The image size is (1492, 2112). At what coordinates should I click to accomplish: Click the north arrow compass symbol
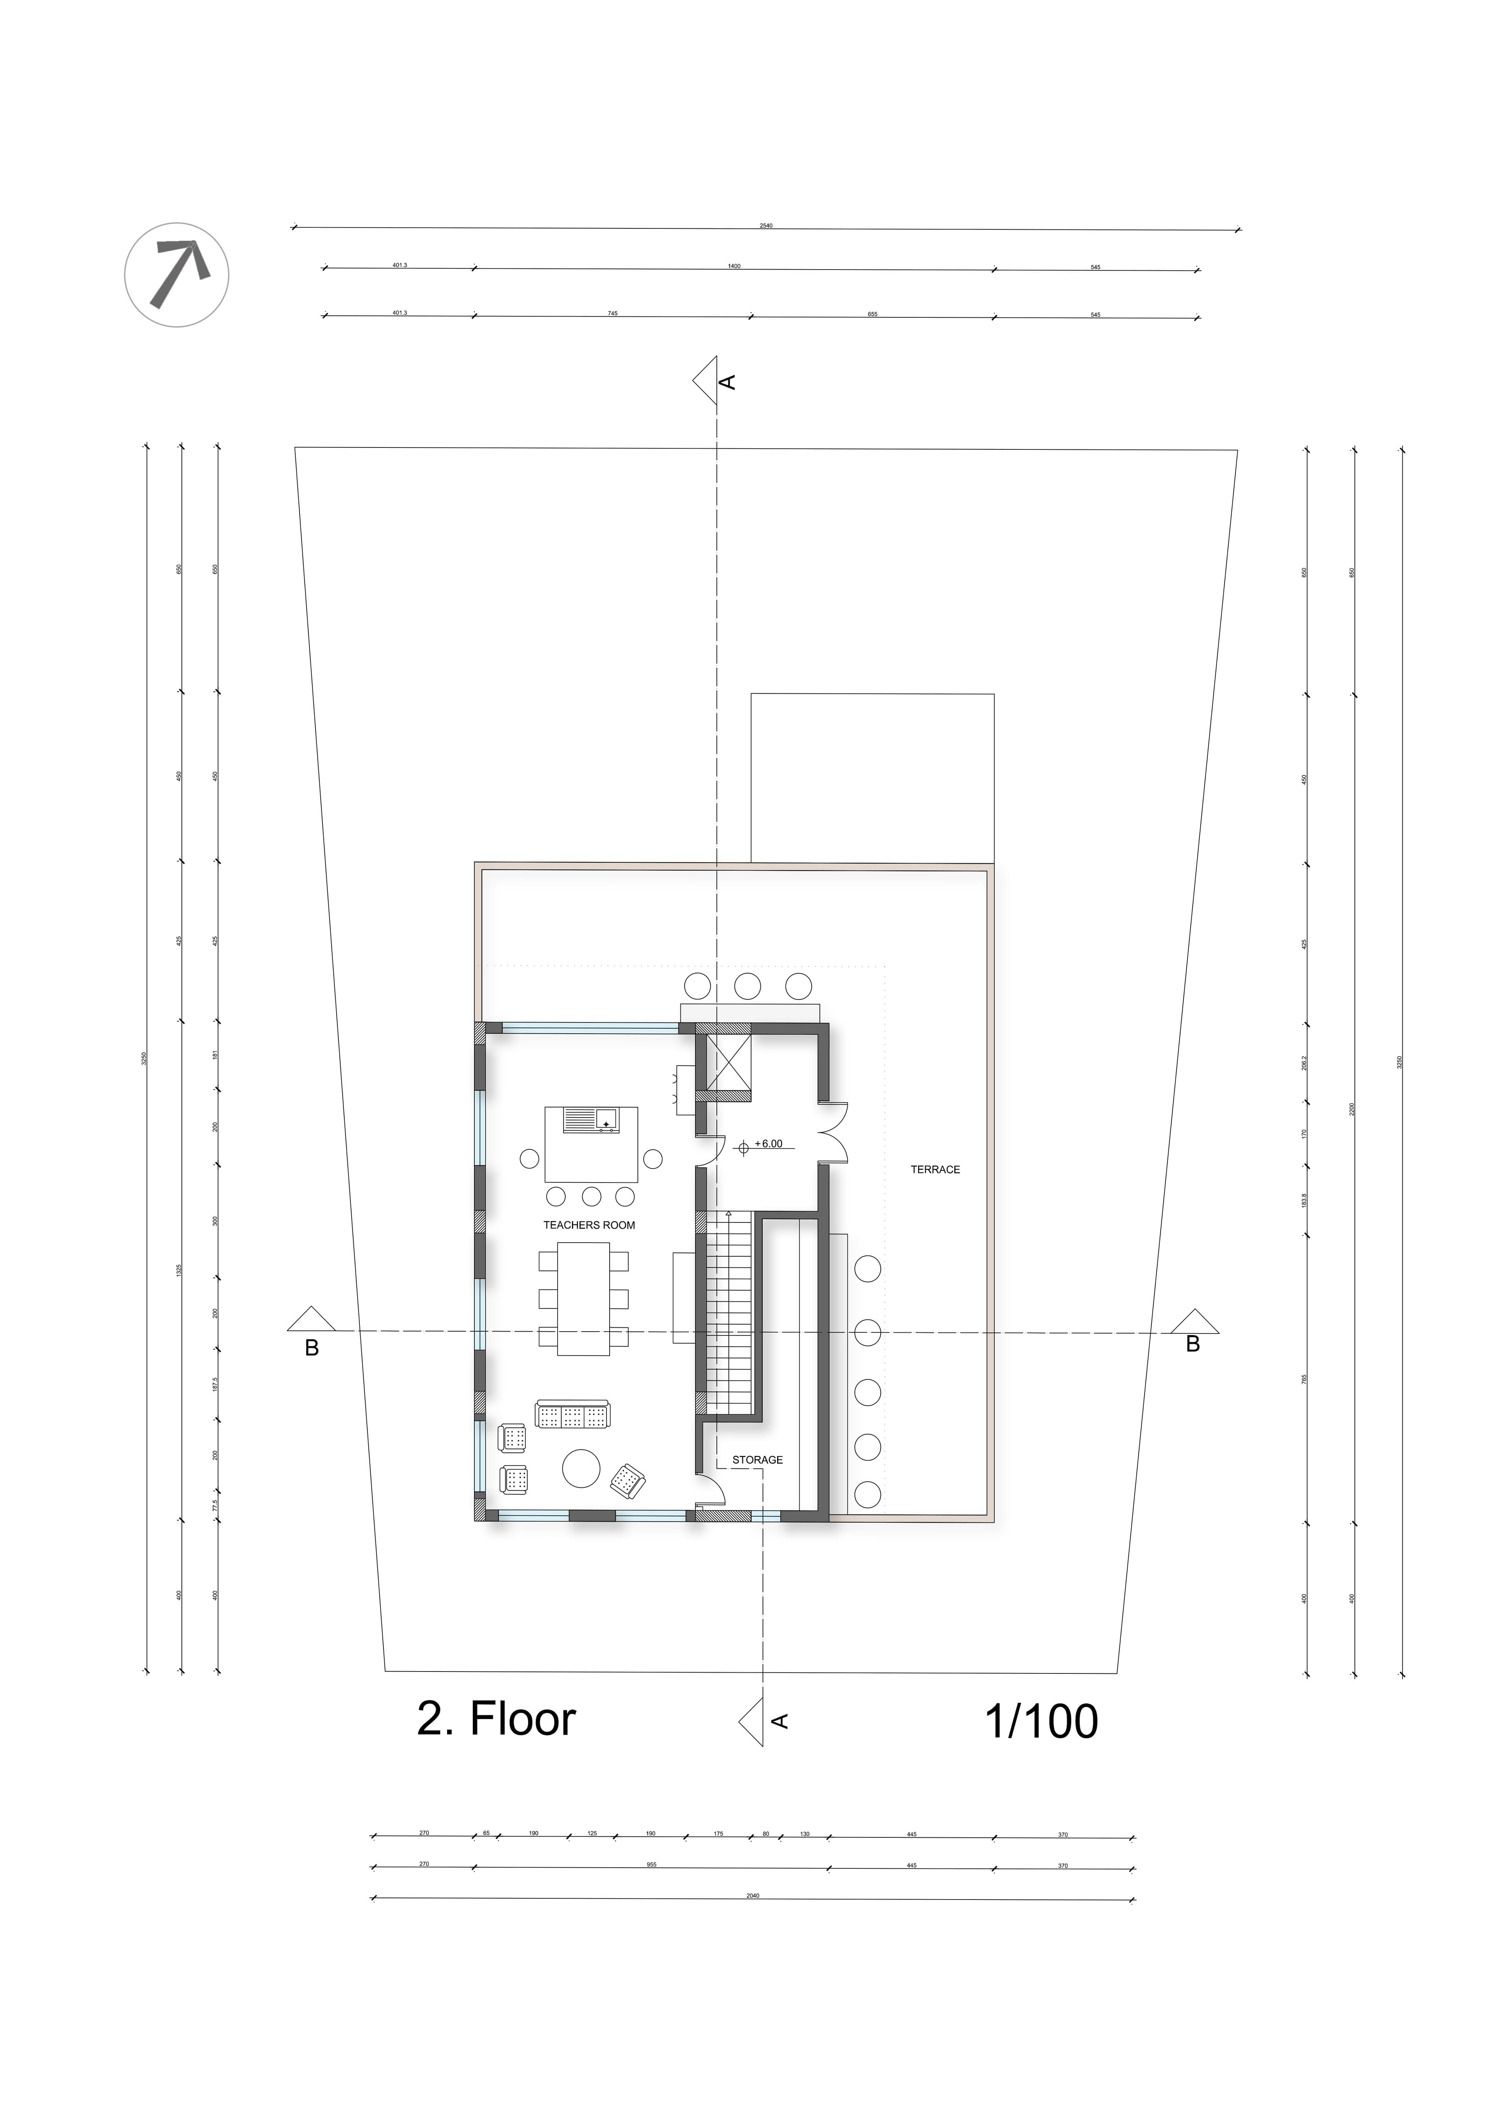click(177, 274)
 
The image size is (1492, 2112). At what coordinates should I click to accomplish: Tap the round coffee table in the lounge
click(581, 1468)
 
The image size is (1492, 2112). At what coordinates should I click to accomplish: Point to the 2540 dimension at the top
click(765, 225)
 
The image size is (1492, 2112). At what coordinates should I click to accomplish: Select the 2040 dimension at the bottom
click(753, 1896)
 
